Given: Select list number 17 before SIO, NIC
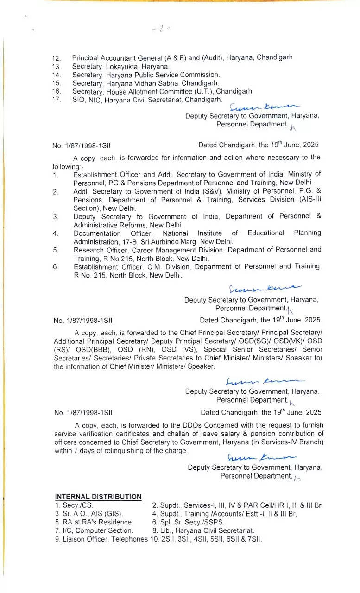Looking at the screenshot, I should pyautogui.click(x=57, y=100).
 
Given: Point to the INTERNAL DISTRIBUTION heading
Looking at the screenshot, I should pyautogui.click(x=98, y=497).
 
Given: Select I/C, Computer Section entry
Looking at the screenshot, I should pyautogui.click(x=94, y=530).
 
